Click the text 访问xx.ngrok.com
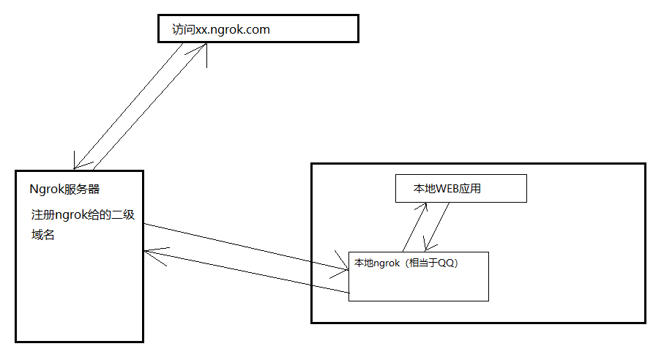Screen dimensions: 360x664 221,30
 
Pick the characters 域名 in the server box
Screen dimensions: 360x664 43,236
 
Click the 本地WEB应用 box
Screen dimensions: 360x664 460,188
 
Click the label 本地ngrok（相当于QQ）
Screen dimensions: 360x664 407,263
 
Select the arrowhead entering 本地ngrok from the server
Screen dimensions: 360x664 344,270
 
